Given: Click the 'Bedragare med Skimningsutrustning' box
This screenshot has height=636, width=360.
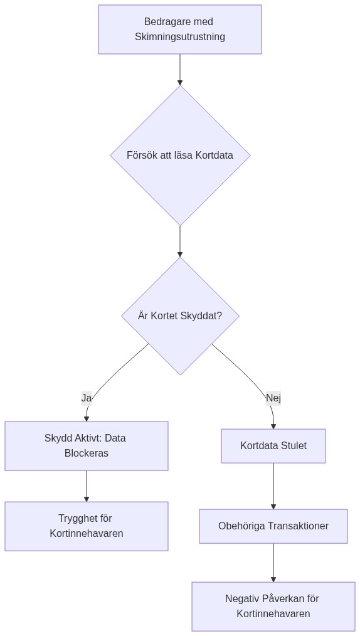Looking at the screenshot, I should pos(180,29).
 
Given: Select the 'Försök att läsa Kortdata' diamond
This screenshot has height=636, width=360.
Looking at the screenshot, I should pos(180,155).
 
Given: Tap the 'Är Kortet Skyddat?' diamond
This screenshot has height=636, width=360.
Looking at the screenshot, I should pos(180,316).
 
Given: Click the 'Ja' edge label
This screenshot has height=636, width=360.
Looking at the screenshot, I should pos(87,398).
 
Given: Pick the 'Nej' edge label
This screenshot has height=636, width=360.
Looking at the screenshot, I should pos(273,398).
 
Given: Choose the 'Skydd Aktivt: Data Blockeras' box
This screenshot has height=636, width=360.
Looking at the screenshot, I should pos(87,446).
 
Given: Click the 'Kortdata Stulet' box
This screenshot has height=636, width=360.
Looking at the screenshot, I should pos(273,446).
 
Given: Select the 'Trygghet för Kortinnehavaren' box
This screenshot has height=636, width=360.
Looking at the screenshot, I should pos(87,526).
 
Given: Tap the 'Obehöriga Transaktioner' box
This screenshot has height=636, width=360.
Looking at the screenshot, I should pos(273,526).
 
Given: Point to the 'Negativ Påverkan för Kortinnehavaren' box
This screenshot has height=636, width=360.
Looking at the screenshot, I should pos(273,607).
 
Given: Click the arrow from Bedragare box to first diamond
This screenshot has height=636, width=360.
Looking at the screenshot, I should pos(180,69).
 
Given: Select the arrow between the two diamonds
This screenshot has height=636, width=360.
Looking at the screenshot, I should pos(180,241).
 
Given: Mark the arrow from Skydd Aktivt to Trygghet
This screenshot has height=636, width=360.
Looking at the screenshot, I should pos(87,486).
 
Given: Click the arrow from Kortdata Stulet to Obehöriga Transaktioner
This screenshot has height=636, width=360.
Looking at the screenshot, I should pos(273,486).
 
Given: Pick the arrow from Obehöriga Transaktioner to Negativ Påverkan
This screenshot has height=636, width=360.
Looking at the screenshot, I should pos(273,563).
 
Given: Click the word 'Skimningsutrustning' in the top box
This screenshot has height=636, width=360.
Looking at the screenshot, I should pos(180,37).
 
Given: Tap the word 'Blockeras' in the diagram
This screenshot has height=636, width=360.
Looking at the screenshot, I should pos(87,453).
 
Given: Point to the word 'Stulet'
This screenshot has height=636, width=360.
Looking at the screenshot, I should pos(292,446).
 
